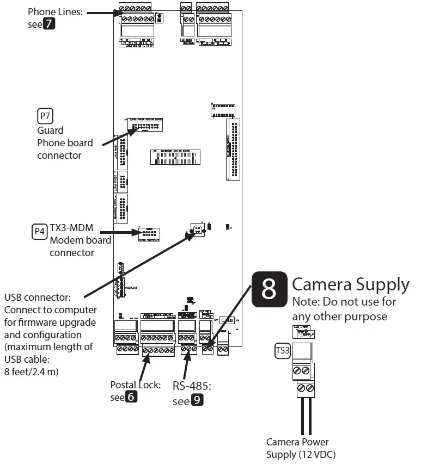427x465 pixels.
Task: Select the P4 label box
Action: click(40, 231)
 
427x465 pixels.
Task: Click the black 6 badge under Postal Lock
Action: click(131, 397)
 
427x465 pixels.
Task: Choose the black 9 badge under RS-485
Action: click(197, 401)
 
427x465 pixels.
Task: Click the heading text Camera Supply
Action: click(350, 284)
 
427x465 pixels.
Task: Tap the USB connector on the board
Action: click(197, 229)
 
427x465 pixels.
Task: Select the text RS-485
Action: click(192, 387)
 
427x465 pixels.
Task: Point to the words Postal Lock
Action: click(135, 385)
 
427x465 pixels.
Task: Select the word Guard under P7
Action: click(50, 131)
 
